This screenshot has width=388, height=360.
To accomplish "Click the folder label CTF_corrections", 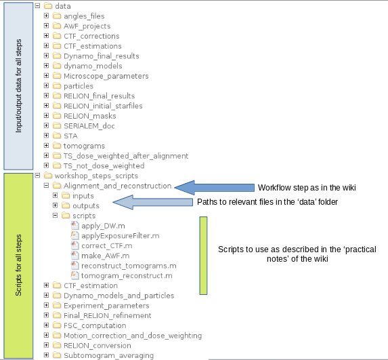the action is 91,36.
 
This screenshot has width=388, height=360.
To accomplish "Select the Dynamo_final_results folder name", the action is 101,56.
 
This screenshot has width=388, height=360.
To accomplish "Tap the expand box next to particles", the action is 46,85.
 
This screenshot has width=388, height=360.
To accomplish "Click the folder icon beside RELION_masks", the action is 57,115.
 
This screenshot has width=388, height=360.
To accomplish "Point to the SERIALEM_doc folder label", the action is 89,126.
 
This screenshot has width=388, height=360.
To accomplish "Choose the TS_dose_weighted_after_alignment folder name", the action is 126,156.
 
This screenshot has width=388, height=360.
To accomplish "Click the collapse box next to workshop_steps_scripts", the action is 37,176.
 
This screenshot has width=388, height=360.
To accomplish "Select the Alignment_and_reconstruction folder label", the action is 118,186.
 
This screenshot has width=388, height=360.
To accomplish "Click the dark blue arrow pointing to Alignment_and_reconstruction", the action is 215,188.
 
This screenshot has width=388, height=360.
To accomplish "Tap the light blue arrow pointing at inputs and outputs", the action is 152,202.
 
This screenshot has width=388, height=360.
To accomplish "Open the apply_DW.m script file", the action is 103,226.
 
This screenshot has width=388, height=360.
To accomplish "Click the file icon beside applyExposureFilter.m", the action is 74,235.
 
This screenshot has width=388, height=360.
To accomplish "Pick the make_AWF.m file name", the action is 106,256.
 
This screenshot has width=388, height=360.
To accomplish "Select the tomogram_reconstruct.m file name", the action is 127,276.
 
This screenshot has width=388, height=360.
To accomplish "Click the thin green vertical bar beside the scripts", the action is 203,256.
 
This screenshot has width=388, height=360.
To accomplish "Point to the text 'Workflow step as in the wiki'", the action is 307,188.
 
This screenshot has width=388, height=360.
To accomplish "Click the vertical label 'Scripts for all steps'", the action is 18,265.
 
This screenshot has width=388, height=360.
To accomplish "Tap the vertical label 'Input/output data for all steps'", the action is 18,86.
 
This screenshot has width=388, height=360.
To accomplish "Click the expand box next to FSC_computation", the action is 46,325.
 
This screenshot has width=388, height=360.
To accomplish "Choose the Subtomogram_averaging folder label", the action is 108,355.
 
